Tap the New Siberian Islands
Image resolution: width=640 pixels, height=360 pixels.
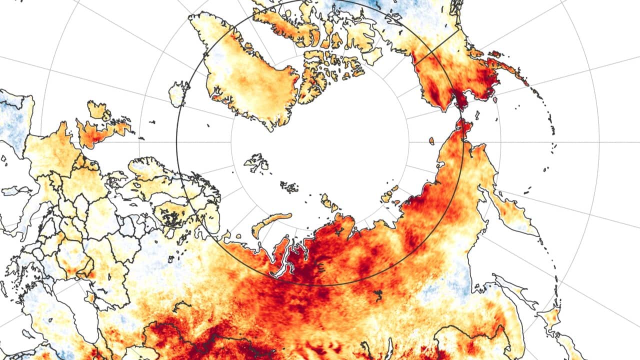[390, 195]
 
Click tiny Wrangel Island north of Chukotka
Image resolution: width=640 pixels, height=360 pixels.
[431, 141]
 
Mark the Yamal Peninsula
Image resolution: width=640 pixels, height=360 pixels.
[280, 255]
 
